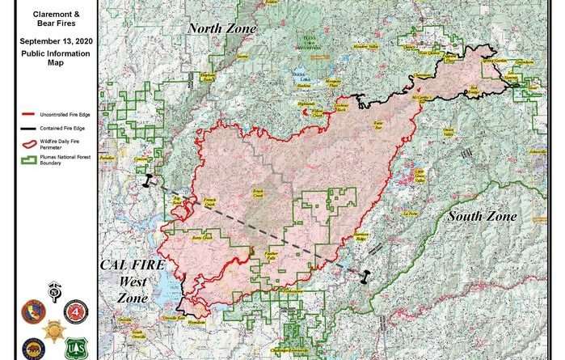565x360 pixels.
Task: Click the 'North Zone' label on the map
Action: coord(222,29)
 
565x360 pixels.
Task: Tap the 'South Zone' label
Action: coord(482,216)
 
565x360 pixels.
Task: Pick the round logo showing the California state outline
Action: coord(33,311)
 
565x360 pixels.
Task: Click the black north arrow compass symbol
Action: coord(54,290)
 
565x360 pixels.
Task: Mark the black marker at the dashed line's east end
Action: coord(365,276)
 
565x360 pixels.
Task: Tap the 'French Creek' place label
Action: coord(209,205)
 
